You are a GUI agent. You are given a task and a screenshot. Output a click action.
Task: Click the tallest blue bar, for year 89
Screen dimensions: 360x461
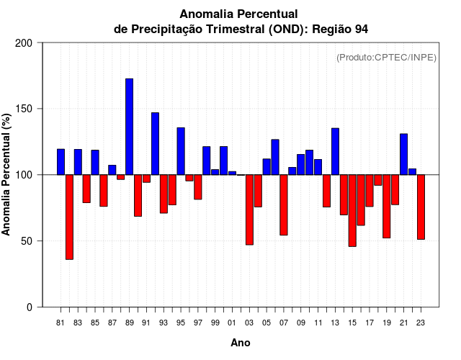(x=130, y=127)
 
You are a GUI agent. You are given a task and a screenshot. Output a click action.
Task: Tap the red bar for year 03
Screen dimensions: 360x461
(x=249, y=210)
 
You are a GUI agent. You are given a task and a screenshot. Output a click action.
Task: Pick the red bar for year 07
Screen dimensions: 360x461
(x=284, y=205)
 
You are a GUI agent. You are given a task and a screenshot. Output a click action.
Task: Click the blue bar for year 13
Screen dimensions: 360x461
(x=335, y=151)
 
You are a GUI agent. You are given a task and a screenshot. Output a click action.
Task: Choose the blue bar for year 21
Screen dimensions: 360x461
(x=403, y=154)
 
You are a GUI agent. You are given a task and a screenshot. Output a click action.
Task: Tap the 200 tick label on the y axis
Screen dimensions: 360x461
(x=24, y=43)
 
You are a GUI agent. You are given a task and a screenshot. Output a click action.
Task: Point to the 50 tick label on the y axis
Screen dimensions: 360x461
(x=27, y=241)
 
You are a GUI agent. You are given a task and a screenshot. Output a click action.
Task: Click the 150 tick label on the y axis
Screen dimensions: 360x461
(x=24, y=109)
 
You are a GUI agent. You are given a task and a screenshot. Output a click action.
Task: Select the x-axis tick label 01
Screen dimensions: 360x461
(x=232, y=323)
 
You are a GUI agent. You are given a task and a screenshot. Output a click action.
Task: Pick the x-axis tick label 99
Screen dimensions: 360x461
(x=215, y=323)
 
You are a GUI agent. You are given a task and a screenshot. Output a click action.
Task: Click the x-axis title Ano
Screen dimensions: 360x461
(x=241, y=343)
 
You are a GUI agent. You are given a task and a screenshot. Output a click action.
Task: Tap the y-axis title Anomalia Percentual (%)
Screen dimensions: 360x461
(x=7, y=174)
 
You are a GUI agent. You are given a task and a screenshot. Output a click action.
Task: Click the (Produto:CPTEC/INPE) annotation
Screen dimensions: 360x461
(x=386, y=57)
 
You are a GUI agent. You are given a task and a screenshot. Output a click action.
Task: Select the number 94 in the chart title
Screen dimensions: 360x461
(x=361, y=29)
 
